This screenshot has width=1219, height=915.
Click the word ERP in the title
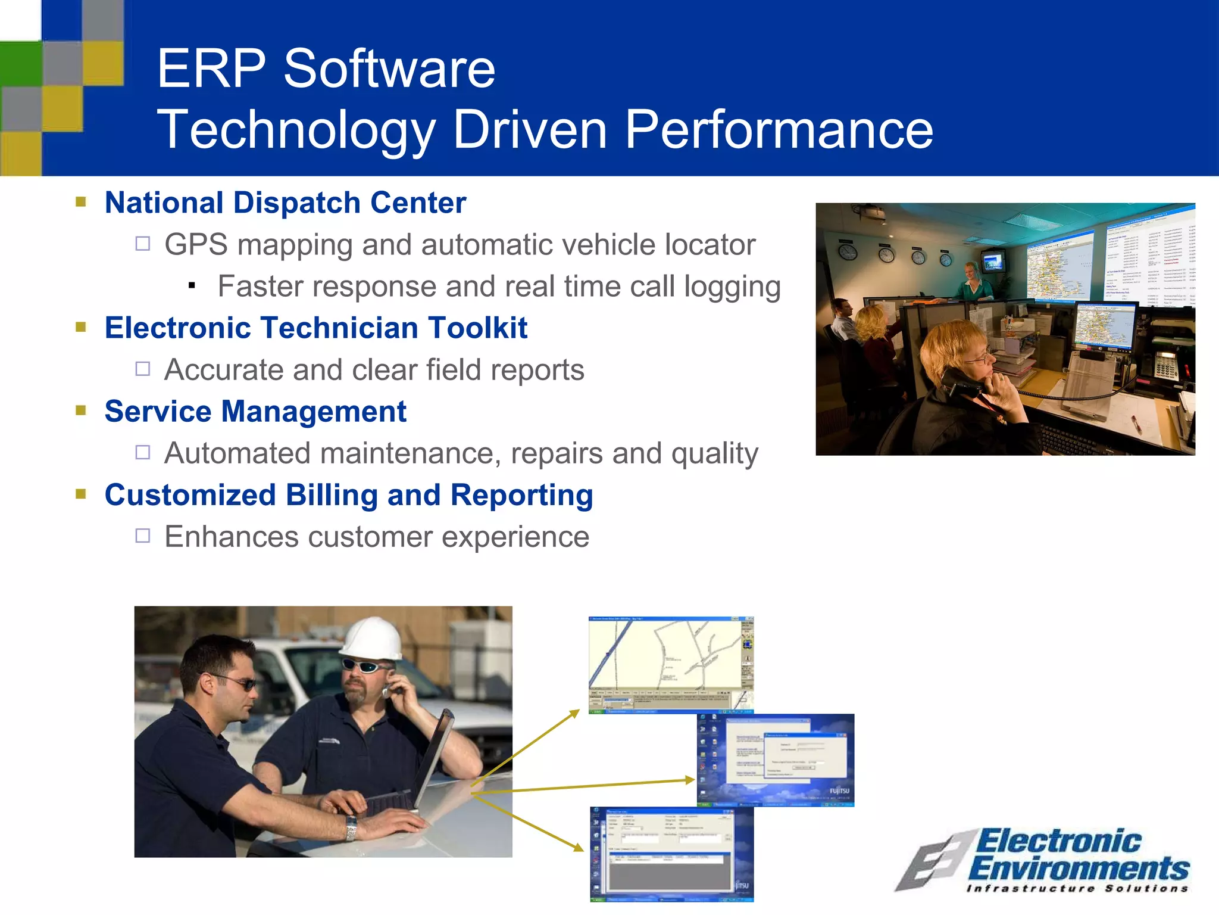(x=211, y=69)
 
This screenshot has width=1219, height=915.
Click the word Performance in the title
(x=779, y=130)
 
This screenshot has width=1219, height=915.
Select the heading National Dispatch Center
(x=285, y=203)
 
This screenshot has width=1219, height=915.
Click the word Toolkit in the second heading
(x=477, y=328)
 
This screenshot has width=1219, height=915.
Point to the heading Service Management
(x=255, y=412)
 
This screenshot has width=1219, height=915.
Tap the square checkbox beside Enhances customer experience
(x=143, y=536)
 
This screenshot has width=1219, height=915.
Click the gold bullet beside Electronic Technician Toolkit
(x=82, y=326)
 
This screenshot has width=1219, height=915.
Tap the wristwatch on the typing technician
(x=351, y=828)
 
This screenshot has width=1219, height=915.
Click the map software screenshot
(x=671, y=664)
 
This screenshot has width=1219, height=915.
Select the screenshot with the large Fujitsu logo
(x=776, y=760)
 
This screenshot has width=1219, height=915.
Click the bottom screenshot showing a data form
(x=671, y=854)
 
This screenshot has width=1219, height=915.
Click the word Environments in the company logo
(x=1079, y=868)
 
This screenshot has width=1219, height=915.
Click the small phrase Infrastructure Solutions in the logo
(x=1077, y=889)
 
